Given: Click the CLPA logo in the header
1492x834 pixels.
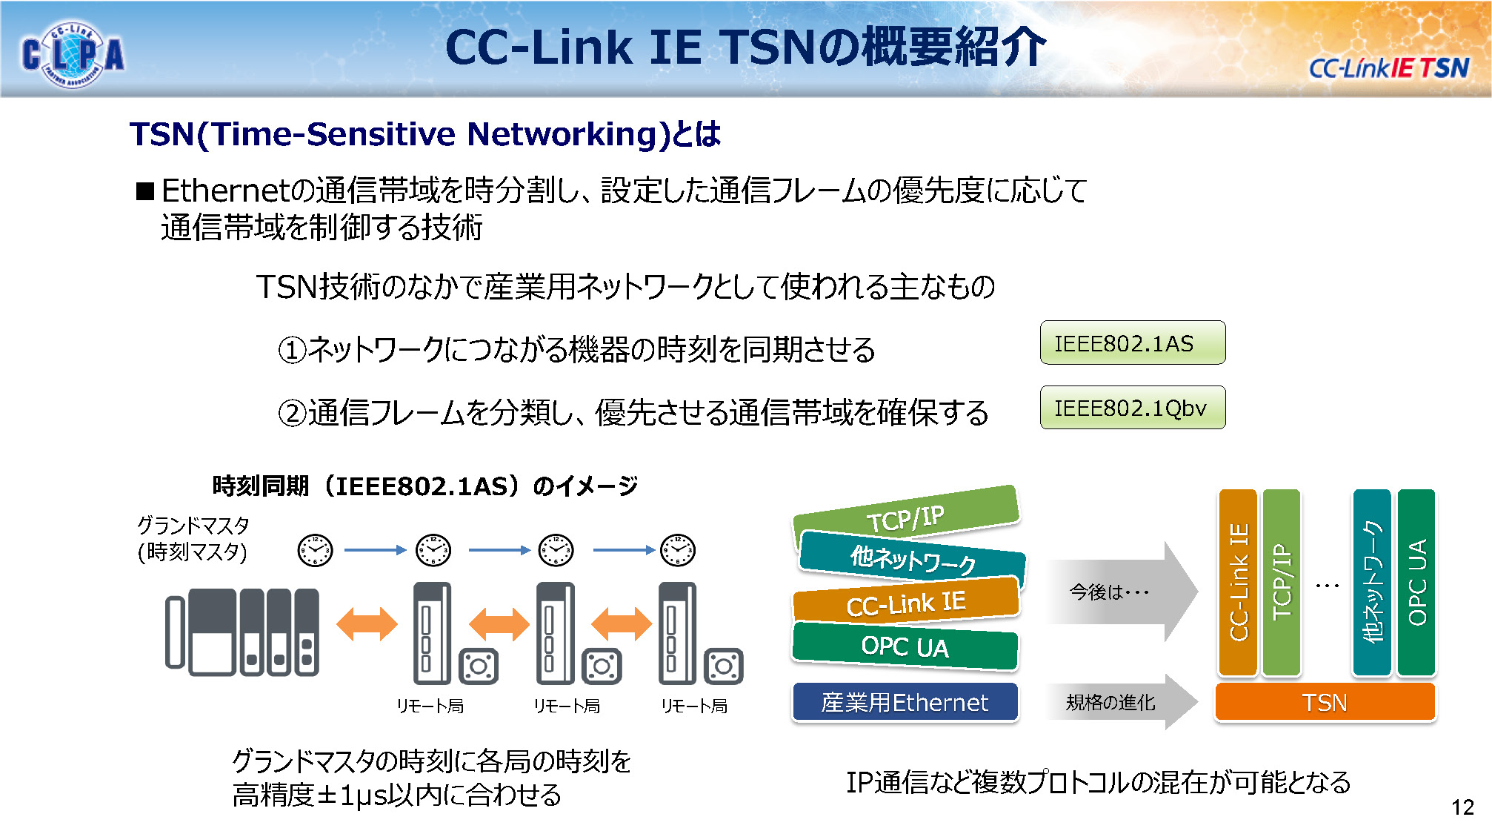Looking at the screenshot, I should tap(72, 54).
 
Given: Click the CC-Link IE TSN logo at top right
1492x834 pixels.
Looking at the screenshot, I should tap(1388, 68).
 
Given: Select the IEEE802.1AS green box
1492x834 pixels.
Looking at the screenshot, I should tap(1132, 342).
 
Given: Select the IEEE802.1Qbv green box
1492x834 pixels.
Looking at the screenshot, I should tap(1132, 407).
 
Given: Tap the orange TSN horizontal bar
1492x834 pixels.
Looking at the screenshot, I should tap(1325, 701).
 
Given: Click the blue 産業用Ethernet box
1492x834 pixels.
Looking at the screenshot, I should tap(905, 701).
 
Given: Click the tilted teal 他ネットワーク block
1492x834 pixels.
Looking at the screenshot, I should tap(912, 560).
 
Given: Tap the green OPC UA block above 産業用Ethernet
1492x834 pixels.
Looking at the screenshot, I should tap(905, 646).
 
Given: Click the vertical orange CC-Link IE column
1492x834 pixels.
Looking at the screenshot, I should tap(1238, 582).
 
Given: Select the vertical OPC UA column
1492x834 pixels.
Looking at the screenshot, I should tap(1416, 582).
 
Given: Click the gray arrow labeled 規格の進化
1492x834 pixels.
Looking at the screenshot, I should tap(1119, 701).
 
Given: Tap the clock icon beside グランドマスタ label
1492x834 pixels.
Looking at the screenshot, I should tap(315, 550).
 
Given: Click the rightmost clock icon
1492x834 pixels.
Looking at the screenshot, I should tap(677, 550).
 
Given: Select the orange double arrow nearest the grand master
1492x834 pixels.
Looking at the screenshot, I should tap(367, 623).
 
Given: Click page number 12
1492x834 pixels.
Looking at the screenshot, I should tap(1462, 807).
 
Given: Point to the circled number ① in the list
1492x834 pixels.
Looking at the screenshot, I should tap(292, 350).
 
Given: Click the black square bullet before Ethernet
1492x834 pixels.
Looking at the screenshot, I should tap(145, 192).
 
